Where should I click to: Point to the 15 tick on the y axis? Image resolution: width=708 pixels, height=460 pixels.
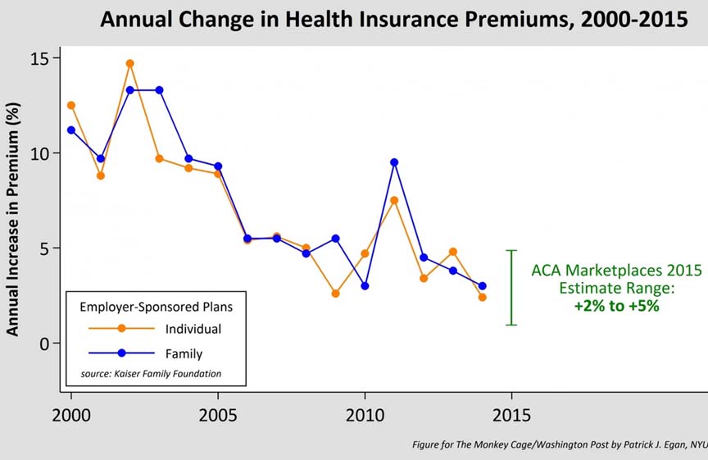tap(40, 58)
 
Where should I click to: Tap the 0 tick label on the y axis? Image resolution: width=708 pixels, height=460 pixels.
tap(44, 343)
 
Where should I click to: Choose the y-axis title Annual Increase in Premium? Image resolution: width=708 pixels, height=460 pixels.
tap(14, 212)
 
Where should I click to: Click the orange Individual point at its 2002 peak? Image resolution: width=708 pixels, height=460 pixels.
tap(129, 63)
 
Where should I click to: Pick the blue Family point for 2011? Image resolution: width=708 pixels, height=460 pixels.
tap(394, 162)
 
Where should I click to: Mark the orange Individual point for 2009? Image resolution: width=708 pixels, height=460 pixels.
tap(335, 293)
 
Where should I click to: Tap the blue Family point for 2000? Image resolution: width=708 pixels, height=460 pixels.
tap(71, 130)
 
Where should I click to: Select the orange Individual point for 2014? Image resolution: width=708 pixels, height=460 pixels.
tap(483, 298)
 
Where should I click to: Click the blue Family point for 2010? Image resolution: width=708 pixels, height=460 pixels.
tap(365, 286)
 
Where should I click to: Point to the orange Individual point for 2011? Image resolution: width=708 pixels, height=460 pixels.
tap(394, 200)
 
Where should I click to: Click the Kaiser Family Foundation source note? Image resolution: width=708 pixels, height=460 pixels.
tap(151, 374)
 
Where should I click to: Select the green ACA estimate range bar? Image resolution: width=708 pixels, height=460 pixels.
tap(511, 288)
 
